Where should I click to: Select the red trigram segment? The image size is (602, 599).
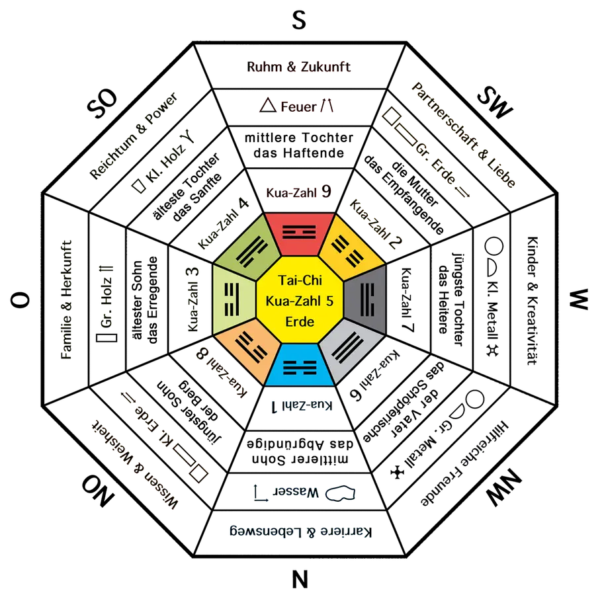300,233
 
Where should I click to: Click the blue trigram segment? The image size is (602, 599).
300,365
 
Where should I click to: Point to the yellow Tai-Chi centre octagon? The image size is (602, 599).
300,299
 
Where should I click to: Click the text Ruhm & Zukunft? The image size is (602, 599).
299,67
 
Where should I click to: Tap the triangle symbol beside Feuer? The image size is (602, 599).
268,105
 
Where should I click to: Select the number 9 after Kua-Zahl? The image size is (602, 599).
326,191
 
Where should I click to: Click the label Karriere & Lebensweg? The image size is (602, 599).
300,532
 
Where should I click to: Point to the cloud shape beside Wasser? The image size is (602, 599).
340,493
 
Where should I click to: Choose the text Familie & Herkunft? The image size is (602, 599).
66,299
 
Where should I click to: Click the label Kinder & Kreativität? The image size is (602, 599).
533,300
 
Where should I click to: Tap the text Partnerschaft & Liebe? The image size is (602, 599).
463,135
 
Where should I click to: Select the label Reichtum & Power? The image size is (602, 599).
133,136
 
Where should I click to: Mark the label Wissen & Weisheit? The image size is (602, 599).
135,464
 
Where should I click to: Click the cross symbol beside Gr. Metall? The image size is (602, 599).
397,472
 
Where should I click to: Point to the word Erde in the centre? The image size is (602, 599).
300,321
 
